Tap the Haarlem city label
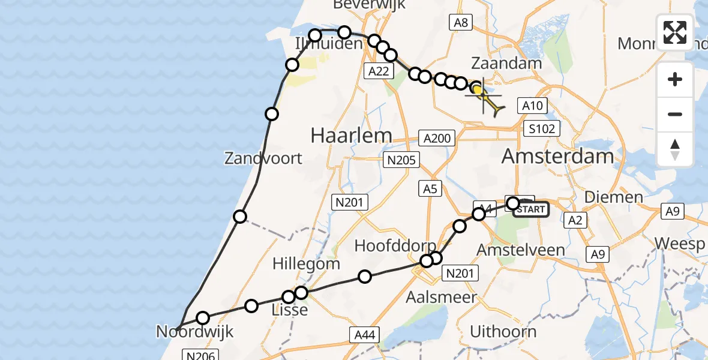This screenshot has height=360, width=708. [351, 136]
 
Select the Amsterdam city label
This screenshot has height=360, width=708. [557, 157]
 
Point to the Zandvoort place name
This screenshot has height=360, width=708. [263, 159]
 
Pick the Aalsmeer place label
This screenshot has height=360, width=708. [441, 297]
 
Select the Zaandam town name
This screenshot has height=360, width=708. [506, 64]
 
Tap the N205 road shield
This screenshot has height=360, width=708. [401, 160]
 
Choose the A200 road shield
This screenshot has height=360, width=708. [436, 139]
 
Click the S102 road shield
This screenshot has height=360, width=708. [541, 128]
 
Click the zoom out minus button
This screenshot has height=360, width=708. [675, 114]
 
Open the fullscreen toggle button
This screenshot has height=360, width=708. [675, 32]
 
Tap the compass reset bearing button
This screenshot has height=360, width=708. [675, 149]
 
